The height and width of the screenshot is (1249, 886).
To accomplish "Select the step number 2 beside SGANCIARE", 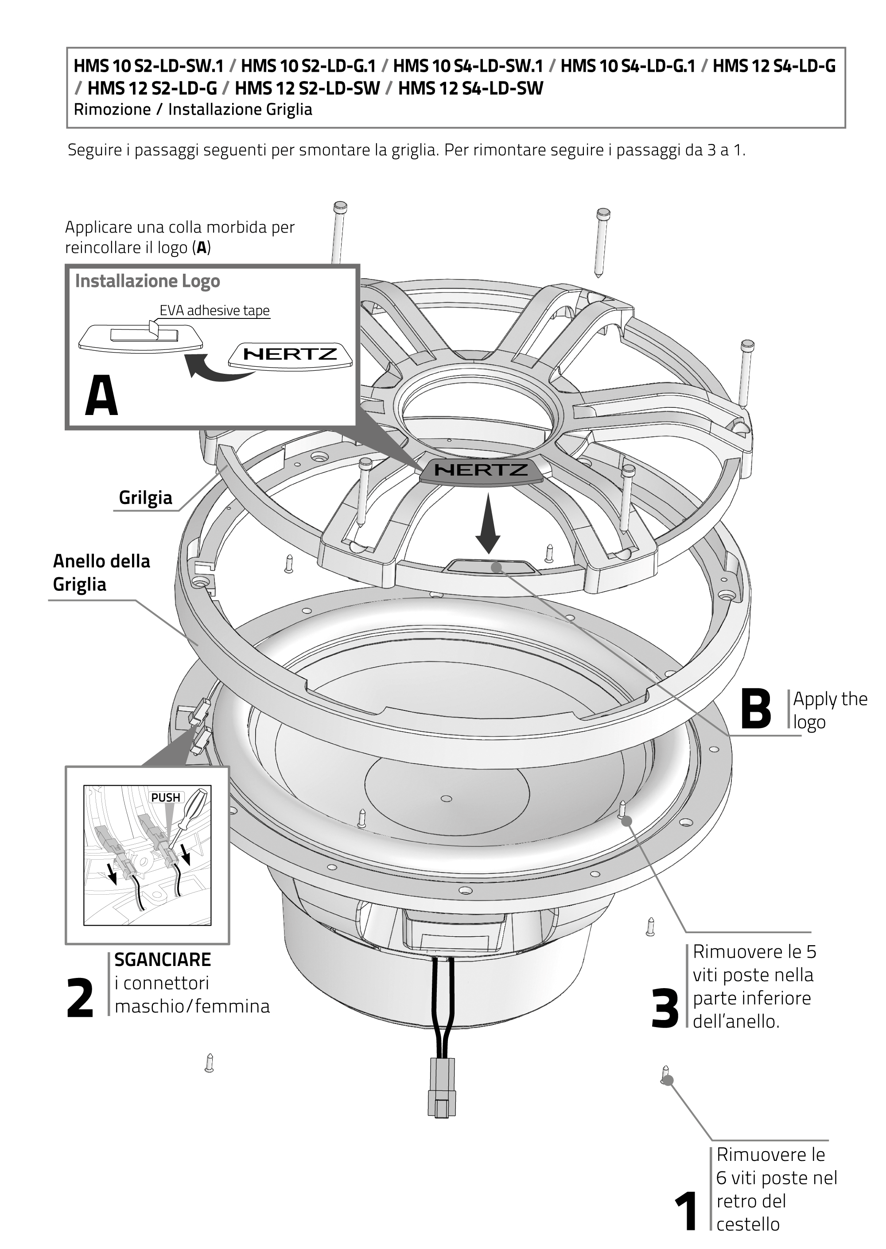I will [80, 999].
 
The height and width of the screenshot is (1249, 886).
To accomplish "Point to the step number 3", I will [665, 1009].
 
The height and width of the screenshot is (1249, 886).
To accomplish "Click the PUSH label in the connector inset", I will [165, 797].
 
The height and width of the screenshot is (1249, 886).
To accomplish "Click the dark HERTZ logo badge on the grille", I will [481, 469].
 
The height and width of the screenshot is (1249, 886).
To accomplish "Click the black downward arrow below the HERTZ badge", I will [487, 526].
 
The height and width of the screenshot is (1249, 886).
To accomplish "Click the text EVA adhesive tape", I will [214, 310].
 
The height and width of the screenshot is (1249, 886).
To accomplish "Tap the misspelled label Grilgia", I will [145, 497].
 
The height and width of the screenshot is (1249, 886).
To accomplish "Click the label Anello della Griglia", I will [101, 572].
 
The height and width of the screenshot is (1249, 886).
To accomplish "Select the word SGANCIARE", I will [163, 959].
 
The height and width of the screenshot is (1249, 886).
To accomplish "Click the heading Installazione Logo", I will [148, 281].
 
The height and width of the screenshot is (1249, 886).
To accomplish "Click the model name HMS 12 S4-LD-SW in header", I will [470, 88].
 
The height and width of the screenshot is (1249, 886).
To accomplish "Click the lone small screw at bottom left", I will [209, 1062].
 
